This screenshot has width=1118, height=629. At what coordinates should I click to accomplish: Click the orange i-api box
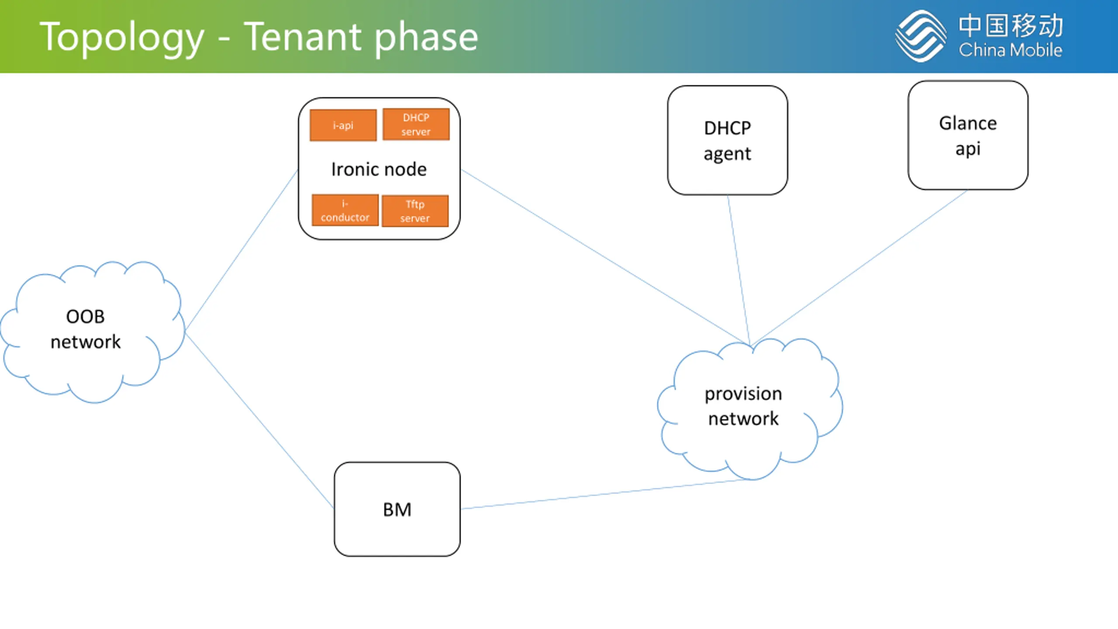tap(343, 125)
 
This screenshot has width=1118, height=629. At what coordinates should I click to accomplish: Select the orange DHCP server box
tap(416, 124)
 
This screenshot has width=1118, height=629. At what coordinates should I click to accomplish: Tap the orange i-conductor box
tap(345, 210)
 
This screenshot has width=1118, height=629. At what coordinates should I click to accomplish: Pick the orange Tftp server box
tap(415, 211)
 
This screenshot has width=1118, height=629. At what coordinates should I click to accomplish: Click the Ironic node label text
tap(379, 169)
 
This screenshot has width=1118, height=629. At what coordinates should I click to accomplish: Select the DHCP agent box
tap(728, 140)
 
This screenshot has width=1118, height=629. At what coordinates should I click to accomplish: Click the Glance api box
tap(968, 135)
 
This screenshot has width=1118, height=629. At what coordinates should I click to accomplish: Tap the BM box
tap(397, 509)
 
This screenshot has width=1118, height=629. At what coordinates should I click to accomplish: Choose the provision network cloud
tap(750, 409)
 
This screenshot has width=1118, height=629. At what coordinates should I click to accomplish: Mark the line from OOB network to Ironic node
tap(242, 250)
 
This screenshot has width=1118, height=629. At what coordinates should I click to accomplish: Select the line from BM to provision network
tap(607, 494)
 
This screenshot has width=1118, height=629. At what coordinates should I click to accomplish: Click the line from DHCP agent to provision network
tap(739, 270)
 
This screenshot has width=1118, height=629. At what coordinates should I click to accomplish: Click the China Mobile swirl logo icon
tap(921, 36)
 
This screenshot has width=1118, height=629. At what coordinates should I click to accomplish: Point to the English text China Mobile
tap(1011, 50)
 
